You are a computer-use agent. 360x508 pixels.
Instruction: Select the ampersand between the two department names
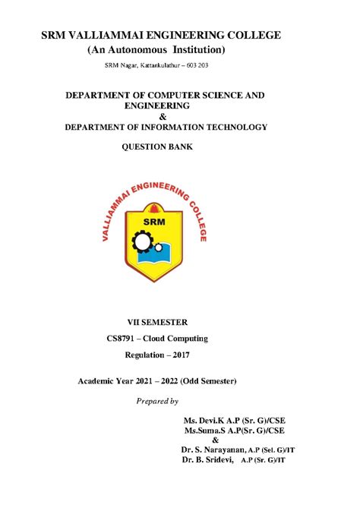click(159, 116)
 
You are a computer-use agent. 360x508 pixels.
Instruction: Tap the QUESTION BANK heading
click(158, 147)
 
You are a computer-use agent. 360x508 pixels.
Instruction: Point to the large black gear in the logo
click(142, 242)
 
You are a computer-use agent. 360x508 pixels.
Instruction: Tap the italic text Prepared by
click(156, 400)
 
